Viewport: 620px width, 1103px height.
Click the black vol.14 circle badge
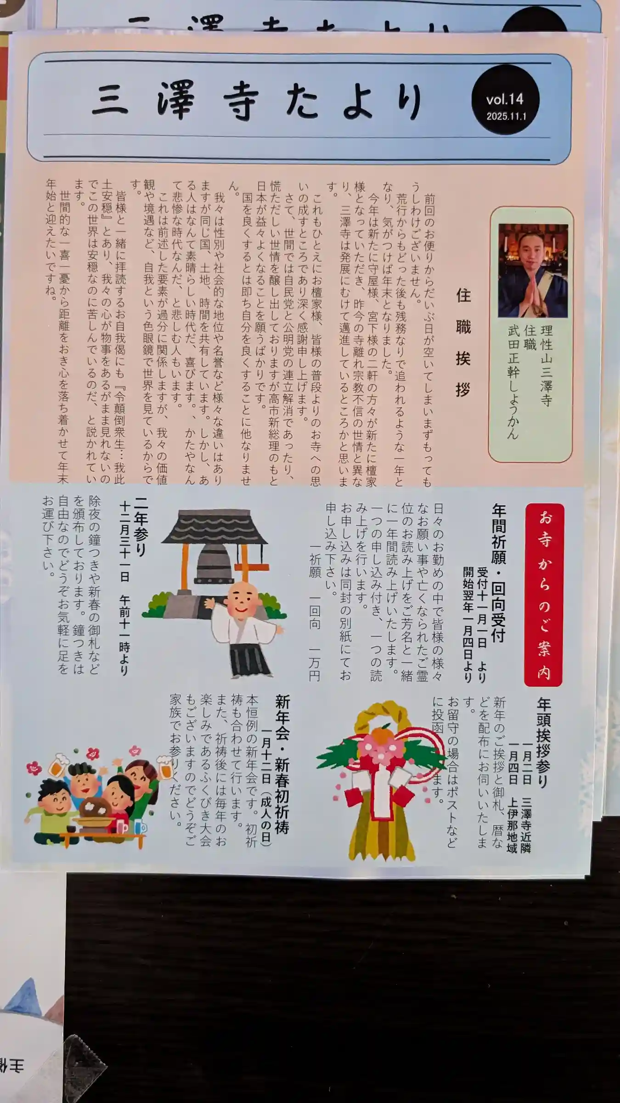coord(505,100)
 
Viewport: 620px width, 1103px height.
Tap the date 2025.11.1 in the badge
coord(506,116)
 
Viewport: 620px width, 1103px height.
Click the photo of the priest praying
coord(533,271)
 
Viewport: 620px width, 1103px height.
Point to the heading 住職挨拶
coord(463,342)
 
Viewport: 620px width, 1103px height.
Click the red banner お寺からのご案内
coord(544,595)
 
